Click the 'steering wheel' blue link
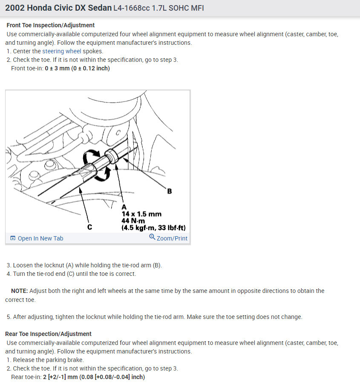point(61,51)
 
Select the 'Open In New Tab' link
point(40,238)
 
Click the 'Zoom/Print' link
point(172,238)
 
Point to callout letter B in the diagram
point(170,191)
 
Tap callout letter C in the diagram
point(89,227)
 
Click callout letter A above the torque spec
point(124,207)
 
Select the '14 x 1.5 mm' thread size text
point(141,214)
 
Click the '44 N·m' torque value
point(133,220)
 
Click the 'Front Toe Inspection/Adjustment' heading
point(51,25)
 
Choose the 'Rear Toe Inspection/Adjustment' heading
point(48,334)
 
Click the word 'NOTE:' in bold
point(20,291)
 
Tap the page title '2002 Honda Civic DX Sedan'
point(58,8)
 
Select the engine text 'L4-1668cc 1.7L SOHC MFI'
point(158,8)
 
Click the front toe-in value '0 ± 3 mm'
point(59,68)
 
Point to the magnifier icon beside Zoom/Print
point(152,238)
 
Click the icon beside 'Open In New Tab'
point(13,238)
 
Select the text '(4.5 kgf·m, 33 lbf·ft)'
point(153,228)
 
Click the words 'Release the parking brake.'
point(49,360)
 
